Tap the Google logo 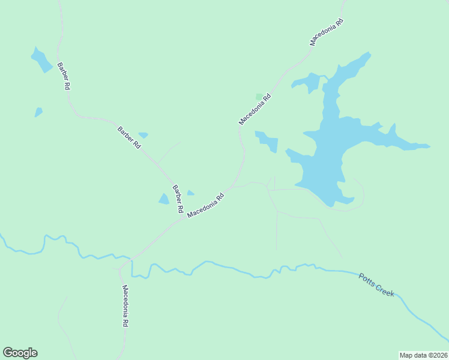point(20,353)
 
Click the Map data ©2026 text point(423,355)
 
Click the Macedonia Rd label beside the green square point(255,109)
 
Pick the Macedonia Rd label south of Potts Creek point(125,305)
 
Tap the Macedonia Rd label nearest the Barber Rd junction point(205,205)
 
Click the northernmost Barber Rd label point(64,76)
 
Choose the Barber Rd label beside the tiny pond point(128,137)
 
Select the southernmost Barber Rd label point(178,199)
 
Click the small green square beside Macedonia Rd point(259,96)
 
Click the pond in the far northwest point(41,59)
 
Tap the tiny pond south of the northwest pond point(38,112)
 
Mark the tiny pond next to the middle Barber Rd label point(143,135)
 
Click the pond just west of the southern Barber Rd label point(164,199)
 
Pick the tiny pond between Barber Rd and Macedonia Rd point(190,193)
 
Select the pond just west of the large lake point(268,142)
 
